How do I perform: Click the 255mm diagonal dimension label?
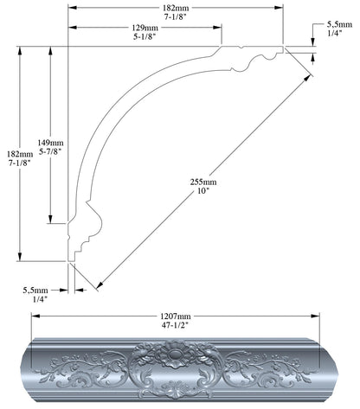point(205,182)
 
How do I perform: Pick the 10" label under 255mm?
point(205,192)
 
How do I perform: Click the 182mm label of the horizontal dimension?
point(177,7)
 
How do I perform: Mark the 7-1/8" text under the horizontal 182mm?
point(177,16)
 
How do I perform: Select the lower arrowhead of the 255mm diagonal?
point(99,285)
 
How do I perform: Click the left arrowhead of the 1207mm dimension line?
point(35,315)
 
